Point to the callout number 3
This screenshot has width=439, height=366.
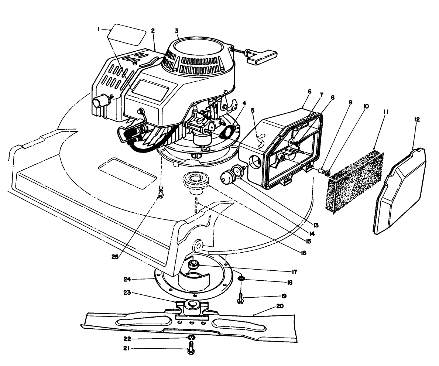pyautogui.click(x=177, y=31)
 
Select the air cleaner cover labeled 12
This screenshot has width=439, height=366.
pyautogui.click(x=401, y=192)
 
